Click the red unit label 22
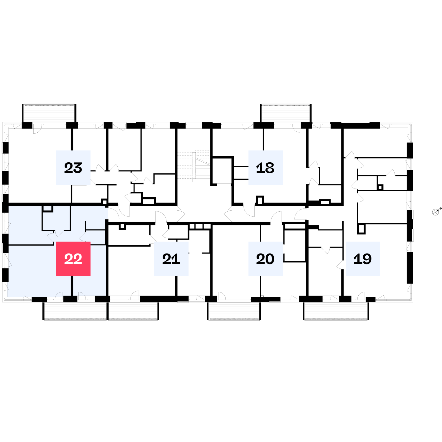pos(73,258)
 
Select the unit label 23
pos(73,167)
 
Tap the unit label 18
pos(265,167)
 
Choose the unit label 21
pos(171,258)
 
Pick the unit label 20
pos(265,258)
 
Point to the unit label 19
pos(363,258)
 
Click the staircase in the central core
pos(194,166)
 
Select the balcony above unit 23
pos(49,113)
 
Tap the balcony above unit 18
pos(286,113)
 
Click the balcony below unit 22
pos(75,311)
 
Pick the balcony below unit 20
pos(234,311)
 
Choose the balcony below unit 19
pos(336,311)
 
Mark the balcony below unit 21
pos(133,311)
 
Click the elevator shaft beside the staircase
pos(222,171)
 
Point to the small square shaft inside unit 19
pos(361,229)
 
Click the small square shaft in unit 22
pos(47,209)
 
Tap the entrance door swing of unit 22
pos(114,213)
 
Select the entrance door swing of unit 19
pos(301,214)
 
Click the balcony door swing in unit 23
pos(37,130)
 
